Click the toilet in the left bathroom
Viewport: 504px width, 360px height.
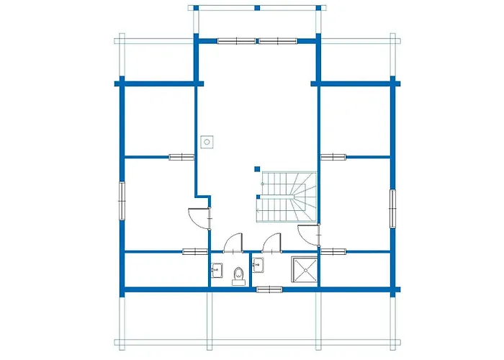pos(238,276)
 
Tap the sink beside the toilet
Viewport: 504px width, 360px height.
pos(217,271)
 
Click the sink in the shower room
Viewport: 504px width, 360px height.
pos(260,265)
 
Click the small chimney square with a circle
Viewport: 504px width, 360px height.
pos(207,141)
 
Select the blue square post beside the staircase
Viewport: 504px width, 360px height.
pos(256,170)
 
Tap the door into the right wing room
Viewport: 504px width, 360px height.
pos(308,233)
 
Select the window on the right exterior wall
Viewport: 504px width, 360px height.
pos(393,209)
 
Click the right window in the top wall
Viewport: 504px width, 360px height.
pos(277,40)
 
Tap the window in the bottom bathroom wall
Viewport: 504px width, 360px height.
pos(269,289)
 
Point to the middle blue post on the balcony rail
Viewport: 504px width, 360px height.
pos(256,9)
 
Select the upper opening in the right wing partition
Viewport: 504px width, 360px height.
pos(332,156)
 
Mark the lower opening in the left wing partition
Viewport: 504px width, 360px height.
pos(195,251)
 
